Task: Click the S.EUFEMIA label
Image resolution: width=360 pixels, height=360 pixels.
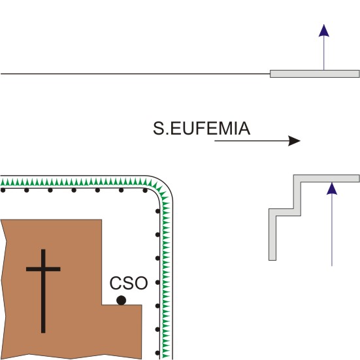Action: [x=201, y=128]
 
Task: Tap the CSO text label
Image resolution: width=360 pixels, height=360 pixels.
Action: [x=129, y=283]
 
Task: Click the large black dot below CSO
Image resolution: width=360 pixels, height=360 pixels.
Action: [x=122, y=301]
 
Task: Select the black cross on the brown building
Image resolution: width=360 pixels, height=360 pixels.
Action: [x=43, y=291]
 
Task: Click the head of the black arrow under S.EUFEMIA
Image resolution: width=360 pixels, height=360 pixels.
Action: [x=295, y=140]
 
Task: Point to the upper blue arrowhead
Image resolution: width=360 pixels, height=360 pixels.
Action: [x=323, y=31]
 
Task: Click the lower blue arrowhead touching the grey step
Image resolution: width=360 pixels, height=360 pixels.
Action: [x=332, y=189]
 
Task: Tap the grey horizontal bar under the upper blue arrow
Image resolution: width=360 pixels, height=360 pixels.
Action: [x=314, y=74]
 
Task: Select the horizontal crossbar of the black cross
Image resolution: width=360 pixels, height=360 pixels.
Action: [x=43, y=269]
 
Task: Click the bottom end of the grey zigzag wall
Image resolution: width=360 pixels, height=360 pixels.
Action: [x=272, y=260]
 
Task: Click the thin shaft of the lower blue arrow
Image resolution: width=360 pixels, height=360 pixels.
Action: [x=332, y=230]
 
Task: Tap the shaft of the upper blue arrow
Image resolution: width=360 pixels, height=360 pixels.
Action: [x=323, y=54]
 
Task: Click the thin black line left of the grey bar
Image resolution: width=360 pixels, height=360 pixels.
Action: [x=135, y=74]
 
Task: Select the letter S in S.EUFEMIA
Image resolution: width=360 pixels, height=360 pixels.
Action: [x=158, y=128]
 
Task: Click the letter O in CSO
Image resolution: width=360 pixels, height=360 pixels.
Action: [x=141, y=283]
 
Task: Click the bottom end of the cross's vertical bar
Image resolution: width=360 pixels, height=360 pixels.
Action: [x=43, y=333]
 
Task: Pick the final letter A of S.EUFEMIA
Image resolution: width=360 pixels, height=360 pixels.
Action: [x=244, y=128]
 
